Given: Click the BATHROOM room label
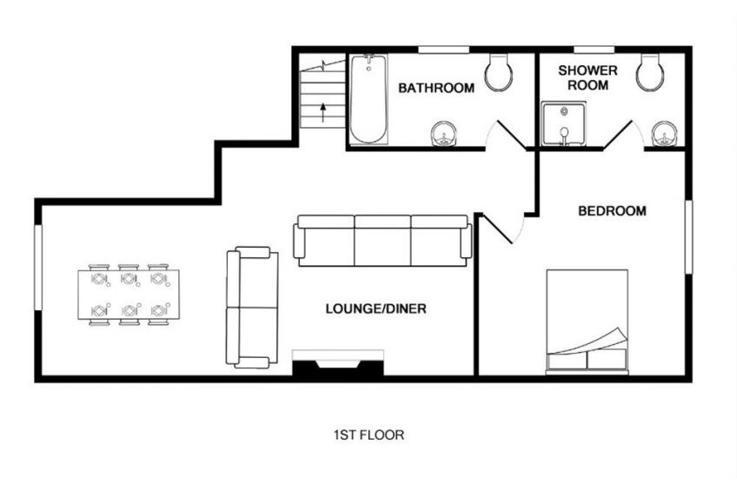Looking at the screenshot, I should coord(436,88).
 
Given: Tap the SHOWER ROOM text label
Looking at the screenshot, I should coord(588,77).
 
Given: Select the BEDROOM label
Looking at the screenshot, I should coord(612,211).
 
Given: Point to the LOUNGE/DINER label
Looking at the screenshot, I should coord(375,309).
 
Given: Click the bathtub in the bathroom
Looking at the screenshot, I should coord(368,99).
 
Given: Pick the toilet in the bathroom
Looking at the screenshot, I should coord(498,74).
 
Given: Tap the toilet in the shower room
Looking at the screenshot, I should coord(649,74).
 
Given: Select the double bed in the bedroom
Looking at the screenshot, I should coord(587,322).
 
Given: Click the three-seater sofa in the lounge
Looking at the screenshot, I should coord(382,239).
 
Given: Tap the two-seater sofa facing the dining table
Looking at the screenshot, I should coord(251,307).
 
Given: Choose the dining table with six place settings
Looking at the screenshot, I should coord(129,295).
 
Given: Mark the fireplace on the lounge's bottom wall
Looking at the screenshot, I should coord(337,364).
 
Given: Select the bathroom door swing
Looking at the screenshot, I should coord(508,135).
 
